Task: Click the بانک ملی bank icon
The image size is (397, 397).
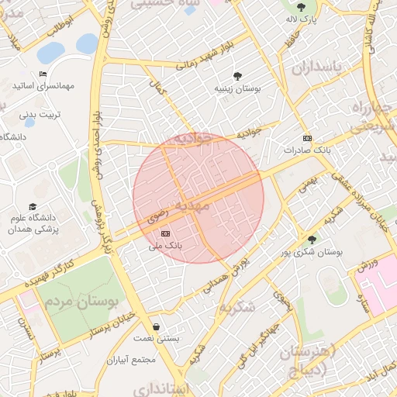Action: (x=164, y=233)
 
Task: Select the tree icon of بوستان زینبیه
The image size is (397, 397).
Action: (x=236, y=76)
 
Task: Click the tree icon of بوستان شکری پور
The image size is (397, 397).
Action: (x=312, y=240)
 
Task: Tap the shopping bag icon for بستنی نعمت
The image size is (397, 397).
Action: (x=158, y=326)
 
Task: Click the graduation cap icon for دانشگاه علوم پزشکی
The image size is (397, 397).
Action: (x=33, y=206)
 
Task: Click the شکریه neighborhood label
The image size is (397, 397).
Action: (x=236, y=307)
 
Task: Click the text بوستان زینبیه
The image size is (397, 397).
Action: (x=237, y=90)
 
